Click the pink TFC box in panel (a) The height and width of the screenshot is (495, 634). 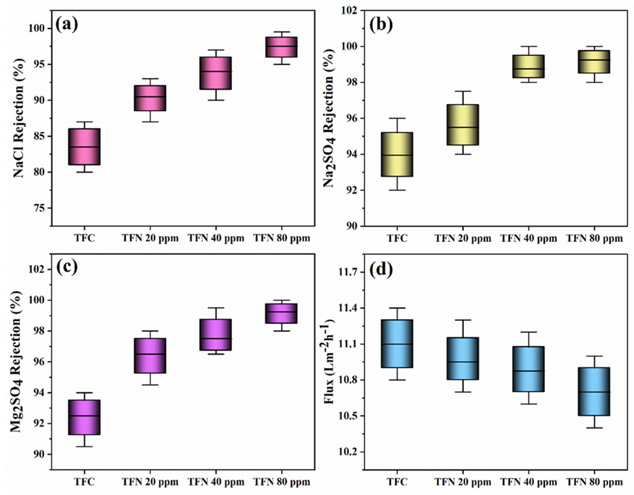(84, 147)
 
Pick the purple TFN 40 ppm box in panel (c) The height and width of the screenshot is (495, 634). (216, 335)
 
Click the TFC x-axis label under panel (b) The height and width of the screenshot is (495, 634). (397, 239)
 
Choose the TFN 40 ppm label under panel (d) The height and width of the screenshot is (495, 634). (529, 482)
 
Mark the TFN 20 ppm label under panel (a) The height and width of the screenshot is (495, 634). (150, 239)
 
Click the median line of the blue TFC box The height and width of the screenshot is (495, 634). (397, 344)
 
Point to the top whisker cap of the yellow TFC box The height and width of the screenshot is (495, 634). (397, 118)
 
